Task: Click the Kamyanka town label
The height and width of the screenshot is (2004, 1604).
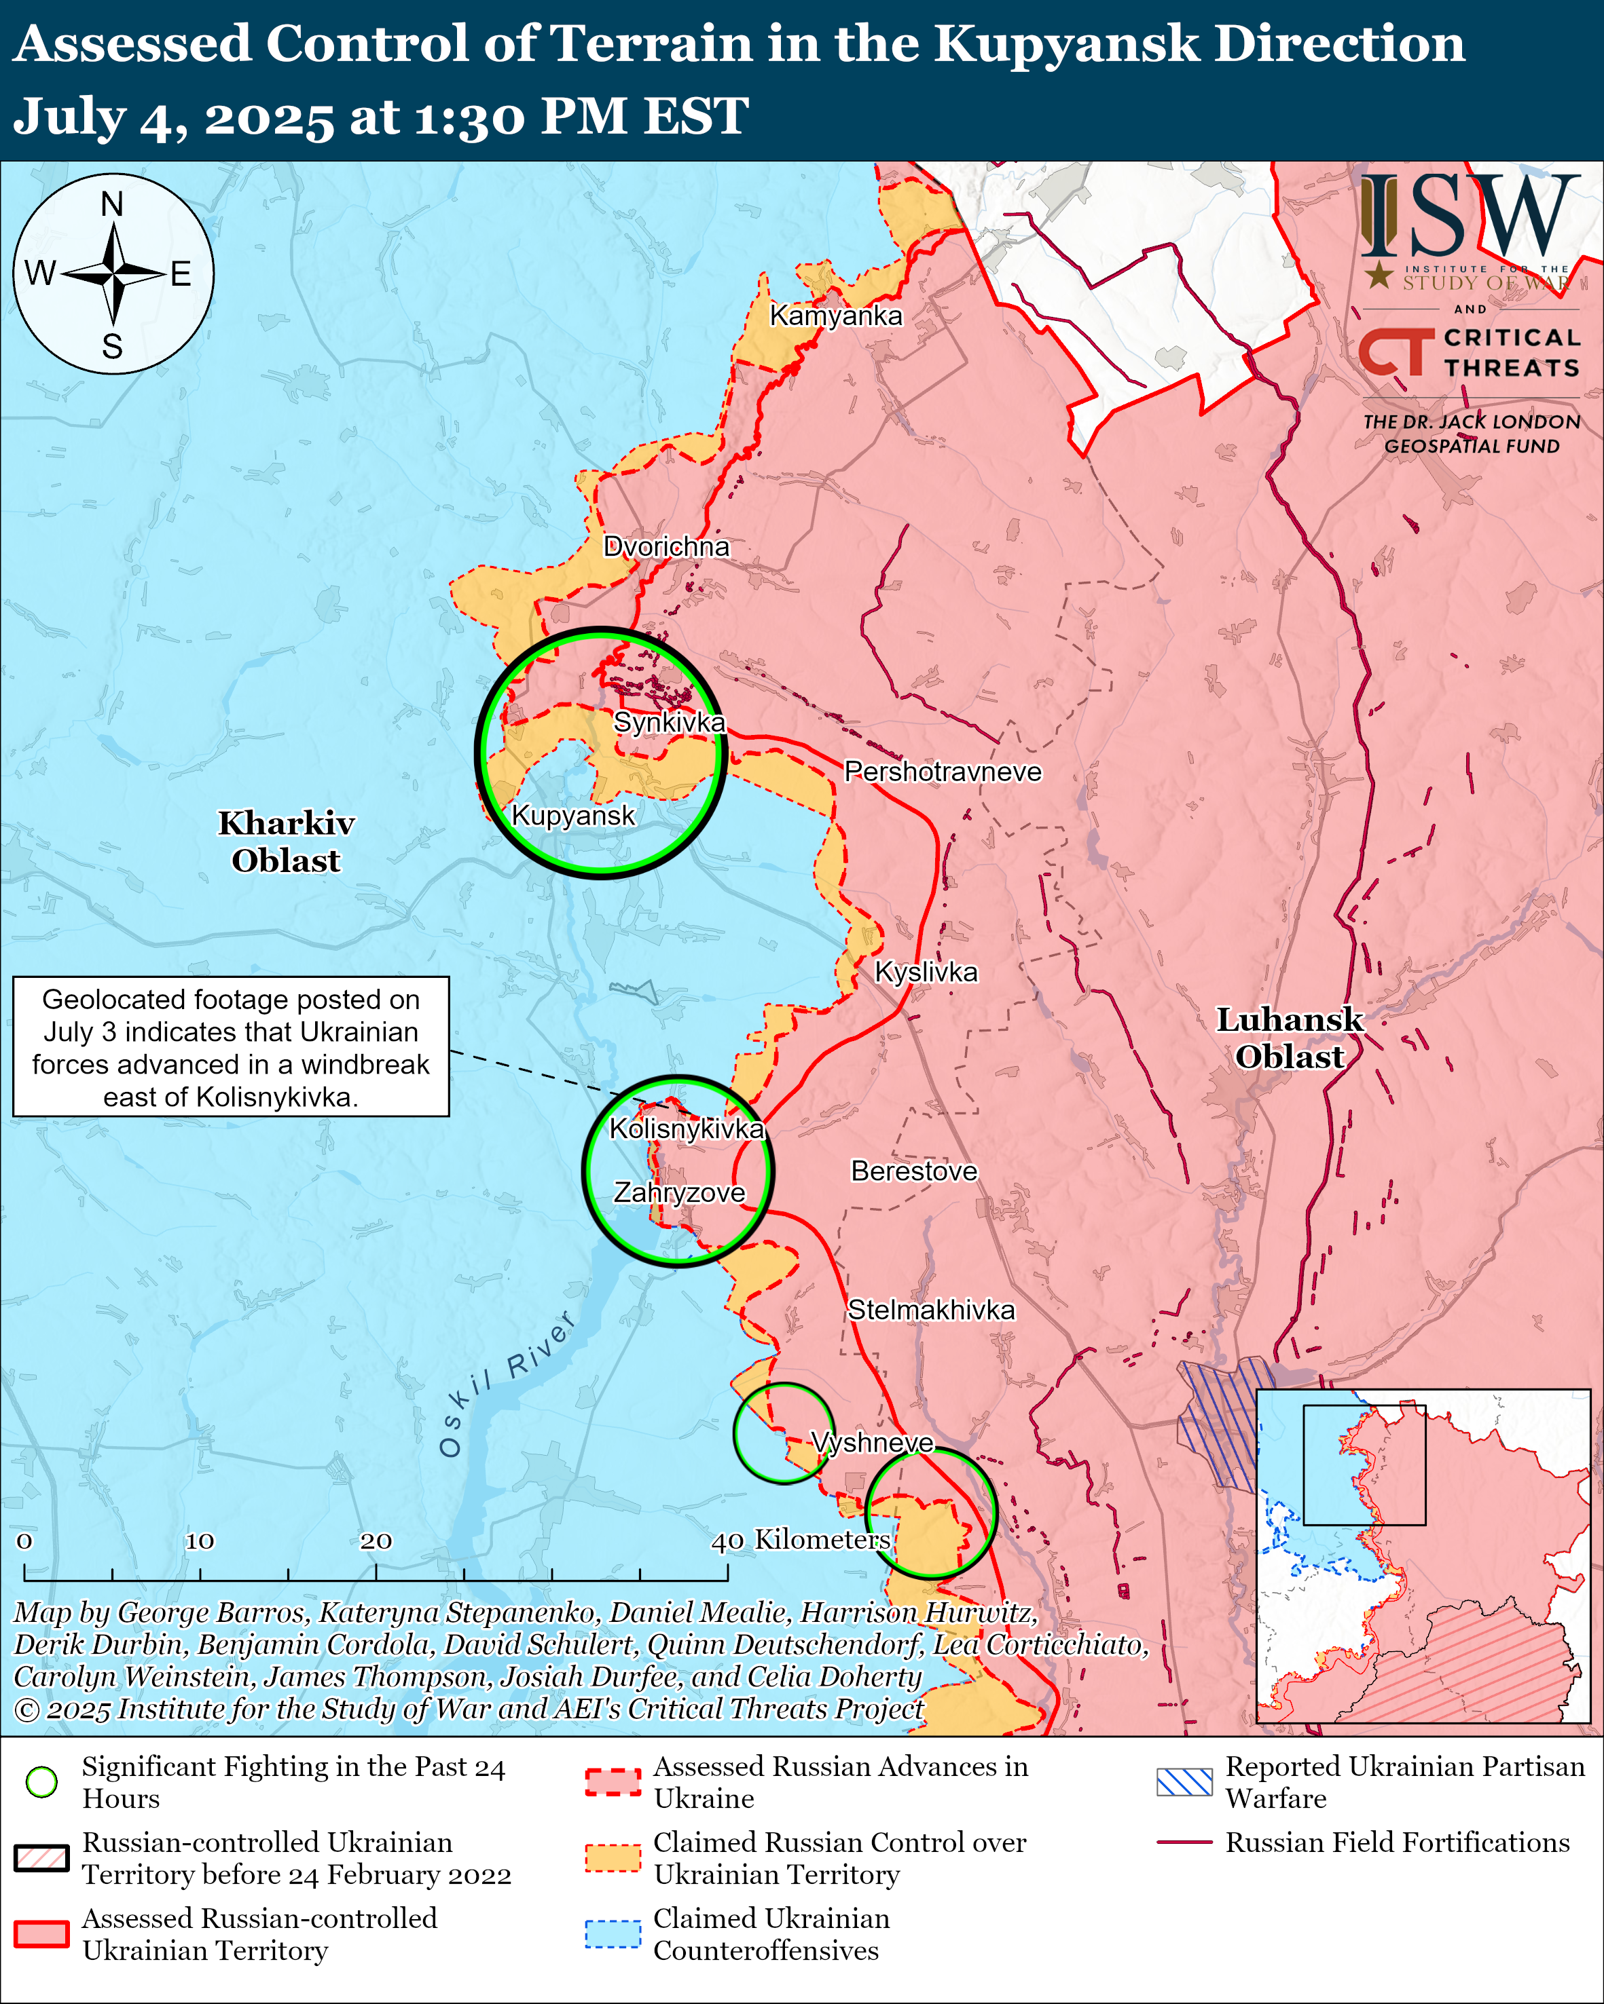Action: tap(835, 316)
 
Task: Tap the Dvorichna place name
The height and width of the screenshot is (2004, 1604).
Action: tap(666, 546)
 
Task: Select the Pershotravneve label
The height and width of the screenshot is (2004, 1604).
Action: tap(942, 772)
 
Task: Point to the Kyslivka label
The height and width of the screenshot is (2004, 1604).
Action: tap(926, 972)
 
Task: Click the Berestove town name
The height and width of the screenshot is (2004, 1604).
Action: tap(914, 1171)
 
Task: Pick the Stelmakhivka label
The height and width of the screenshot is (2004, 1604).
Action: tap(931, 1310)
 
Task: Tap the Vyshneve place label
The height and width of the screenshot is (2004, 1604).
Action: tap(871, 1443)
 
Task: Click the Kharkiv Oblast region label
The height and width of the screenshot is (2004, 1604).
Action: tap(285, 842)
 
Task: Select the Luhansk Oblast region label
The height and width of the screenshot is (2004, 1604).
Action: tap(1290, 1038)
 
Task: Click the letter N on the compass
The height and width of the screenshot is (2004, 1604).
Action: tap(113, 204)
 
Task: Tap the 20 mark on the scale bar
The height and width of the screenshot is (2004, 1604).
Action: tap(376, 1541)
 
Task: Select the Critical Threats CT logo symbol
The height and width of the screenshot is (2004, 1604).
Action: tap(1396, 352)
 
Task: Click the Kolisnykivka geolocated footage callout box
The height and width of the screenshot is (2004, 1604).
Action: tap(231, 1046)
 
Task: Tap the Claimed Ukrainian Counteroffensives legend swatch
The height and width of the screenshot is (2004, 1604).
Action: tap(613, 1933)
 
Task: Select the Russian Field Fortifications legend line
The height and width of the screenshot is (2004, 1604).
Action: tap(1184, 1841)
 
